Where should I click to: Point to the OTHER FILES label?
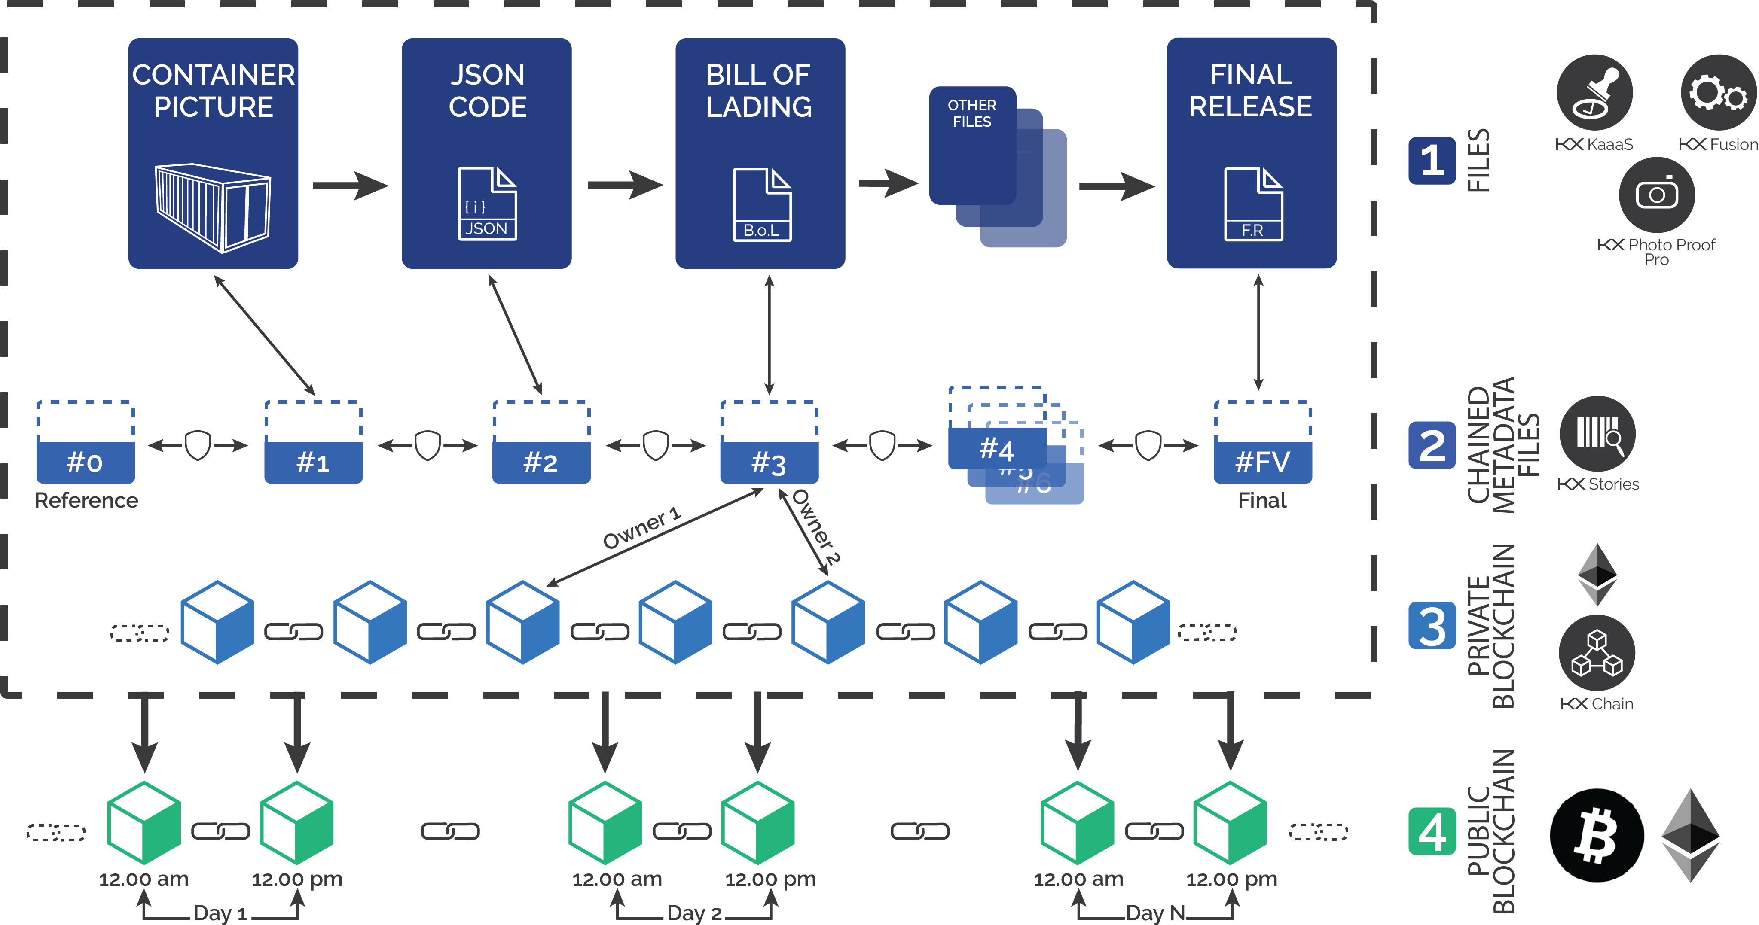(x=972, y=113)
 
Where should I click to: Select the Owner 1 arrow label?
(x=642, y=528)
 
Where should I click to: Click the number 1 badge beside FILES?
(x=1432, y=161)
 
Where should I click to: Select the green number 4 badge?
(x=1432, y=831)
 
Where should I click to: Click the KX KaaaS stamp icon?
(x=1594, y=92)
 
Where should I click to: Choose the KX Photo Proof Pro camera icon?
(x=1657, y=195)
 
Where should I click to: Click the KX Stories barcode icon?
(x=1597, y=433)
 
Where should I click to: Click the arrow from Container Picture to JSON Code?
(x=350, y=186)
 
